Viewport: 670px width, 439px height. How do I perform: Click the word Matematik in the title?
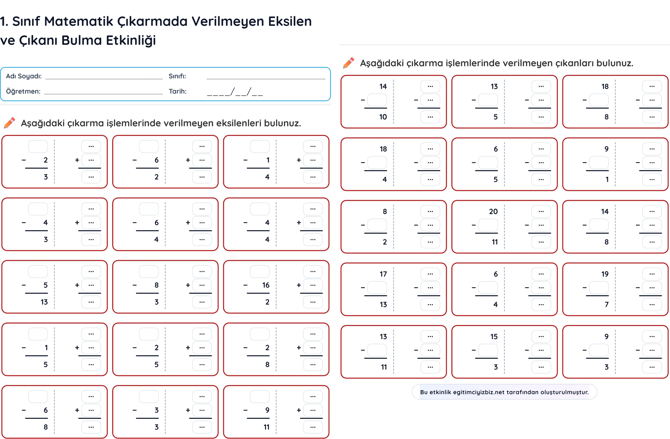point(79,21)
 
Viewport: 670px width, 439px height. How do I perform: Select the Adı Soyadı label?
point(24,76)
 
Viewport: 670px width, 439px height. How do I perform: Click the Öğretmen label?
point(23,91)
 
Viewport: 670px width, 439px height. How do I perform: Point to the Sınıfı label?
point(177,76)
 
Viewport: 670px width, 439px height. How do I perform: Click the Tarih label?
point(178,91)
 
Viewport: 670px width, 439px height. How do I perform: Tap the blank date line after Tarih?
point(235,92)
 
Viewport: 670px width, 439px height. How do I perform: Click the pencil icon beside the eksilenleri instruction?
point(10,123)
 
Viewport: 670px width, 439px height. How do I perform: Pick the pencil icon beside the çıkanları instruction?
point(349,63)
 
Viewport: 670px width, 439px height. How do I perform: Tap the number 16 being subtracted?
point(266,285)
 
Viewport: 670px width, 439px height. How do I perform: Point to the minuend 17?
point(383,274)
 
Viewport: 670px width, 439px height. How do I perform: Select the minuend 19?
point(605,274)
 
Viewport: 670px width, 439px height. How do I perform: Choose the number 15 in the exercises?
point(494,336)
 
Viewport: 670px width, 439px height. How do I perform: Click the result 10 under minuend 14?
point(383,117)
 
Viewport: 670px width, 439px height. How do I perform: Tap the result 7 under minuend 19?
point(607,304)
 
